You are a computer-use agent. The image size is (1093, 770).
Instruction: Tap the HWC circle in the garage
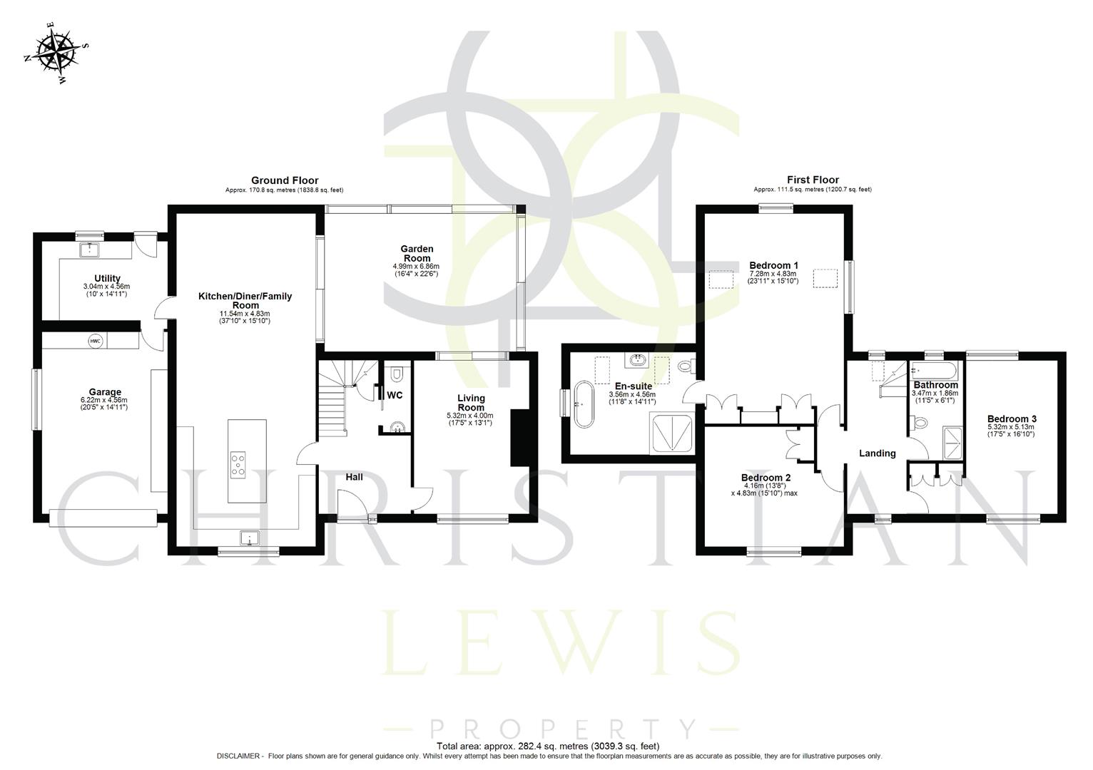click(96, 342)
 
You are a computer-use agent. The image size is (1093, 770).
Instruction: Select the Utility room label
click(107, 278)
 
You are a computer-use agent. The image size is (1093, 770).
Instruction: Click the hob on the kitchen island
click(238, 463)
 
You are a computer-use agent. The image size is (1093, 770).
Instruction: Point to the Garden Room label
click(417, 253)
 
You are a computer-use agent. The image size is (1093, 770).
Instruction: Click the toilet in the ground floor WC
click(397, 374)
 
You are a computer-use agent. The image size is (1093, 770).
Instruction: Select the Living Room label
click(471, 403)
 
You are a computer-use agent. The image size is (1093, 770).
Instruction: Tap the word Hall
click(355, 476)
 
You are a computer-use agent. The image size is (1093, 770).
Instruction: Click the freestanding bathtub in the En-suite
click(583, 404)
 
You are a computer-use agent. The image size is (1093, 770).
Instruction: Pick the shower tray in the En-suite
click(671, 433)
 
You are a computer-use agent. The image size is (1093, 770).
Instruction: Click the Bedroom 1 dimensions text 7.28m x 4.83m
click(773, 274)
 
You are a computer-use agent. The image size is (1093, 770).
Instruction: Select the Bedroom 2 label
click(766, 477)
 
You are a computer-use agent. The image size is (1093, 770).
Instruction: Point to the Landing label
click(877, 453)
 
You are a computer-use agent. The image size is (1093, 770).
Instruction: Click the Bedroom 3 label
click(1012, 419)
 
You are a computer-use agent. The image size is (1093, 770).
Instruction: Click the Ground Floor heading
click(284, 180)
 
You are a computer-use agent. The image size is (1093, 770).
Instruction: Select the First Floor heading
click(813, 180)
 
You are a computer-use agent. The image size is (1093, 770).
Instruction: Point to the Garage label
click(105, 391)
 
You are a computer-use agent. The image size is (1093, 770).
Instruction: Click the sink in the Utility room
click(90, 250)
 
